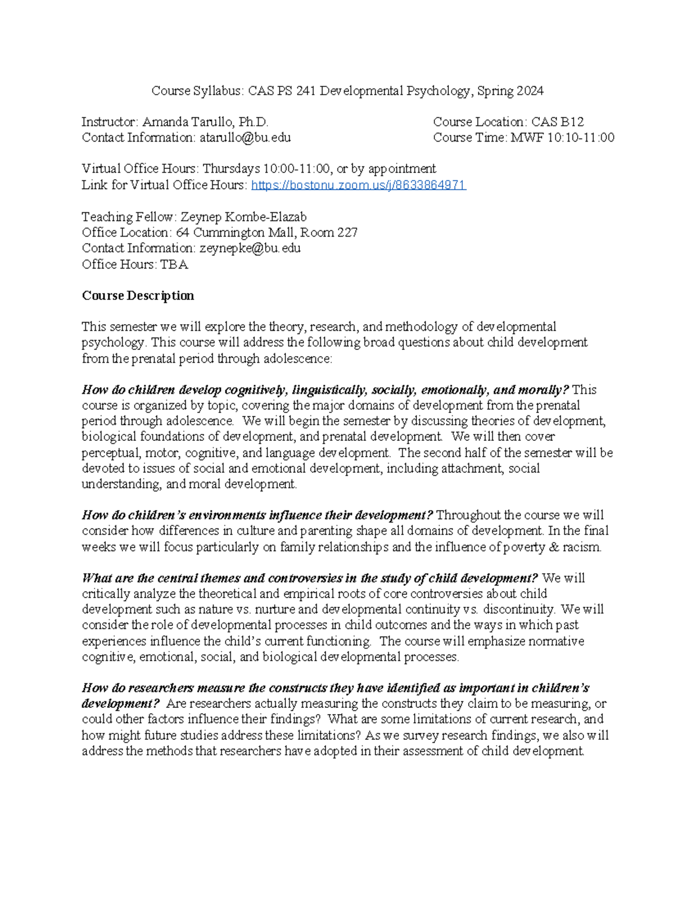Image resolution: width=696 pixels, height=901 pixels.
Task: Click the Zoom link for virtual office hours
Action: point(358,185)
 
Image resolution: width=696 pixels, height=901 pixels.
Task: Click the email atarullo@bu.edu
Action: point(245,137)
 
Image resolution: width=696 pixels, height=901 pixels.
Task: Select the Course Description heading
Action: point(138,296)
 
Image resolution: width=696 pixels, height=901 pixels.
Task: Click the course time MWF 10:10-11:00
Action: point(562,137)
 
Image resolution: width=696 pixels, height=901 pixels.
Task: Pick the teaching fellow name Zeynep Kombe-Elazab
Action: point(244,217)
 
